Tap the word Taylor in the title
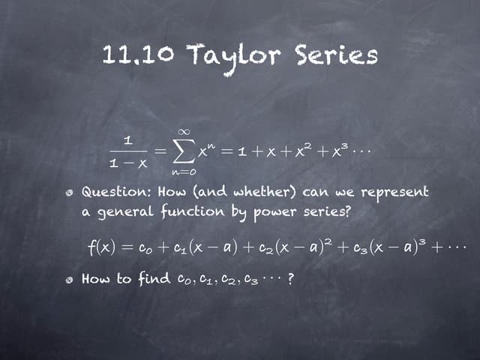coord(225,55)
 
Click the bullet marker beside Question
coord(70,193)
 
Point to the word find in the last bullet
coord(152,280)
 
